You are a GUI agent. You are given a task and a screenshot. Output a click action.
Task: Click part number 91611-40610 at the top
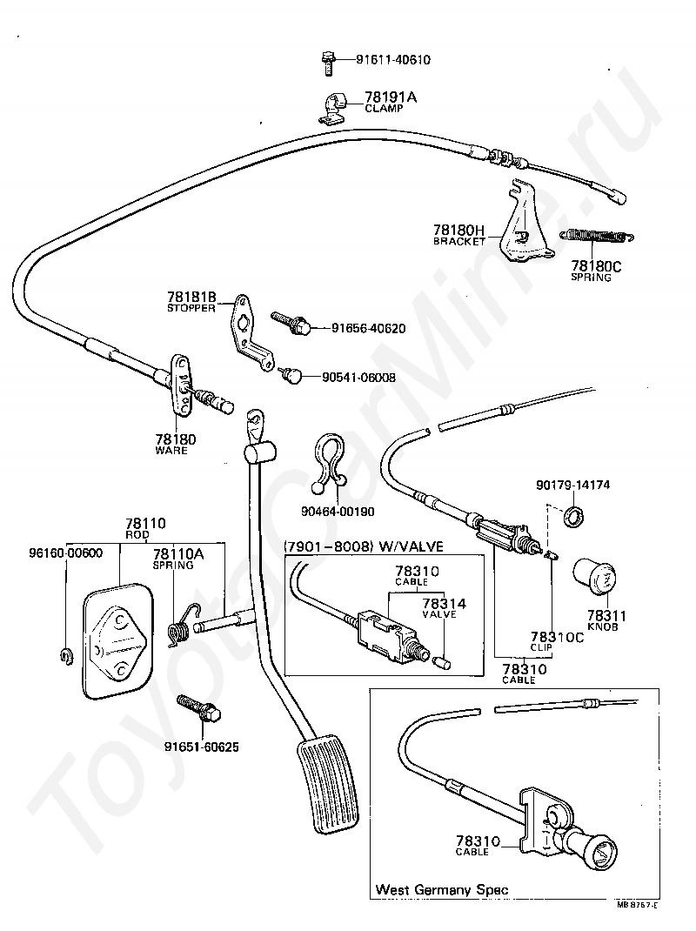pos(393,60)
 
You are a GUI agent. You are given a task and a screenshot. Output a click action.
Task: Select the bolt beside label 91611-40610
pos(327,63)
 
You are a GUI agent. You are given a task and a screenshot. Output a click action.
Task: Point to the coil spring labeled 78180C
pos(596,235)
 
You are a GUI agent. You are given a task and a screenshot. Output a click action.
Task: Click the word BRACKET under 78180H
pos(459,242)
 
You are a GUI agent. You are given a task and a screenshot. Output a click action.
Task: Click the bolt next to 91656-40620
pos(291,323)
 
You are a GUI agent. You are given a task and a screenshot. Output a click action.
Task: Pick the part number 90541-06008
pos(358,378)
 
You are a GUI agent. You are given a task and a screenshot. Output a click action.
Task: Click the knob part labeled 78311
pos(594,576)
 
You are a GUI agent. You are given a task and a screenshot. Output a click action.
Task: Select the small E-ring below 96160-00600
pos(66,656)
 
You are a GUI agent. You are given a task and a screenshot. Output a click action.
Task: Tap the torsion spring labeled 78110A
pos(183,624)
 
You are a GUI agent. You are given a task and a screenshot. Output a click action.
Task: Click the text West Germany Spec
pos(442,889)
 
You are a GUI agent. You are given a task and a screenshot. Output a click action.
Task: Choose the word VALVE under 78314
pos(439,614)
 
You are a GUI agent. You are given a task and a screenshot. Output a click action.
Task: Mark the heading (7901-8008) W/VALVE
pos(364,546)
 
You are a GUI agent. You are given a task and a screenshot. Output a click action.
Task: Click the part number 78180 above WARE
pos(175,440)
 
